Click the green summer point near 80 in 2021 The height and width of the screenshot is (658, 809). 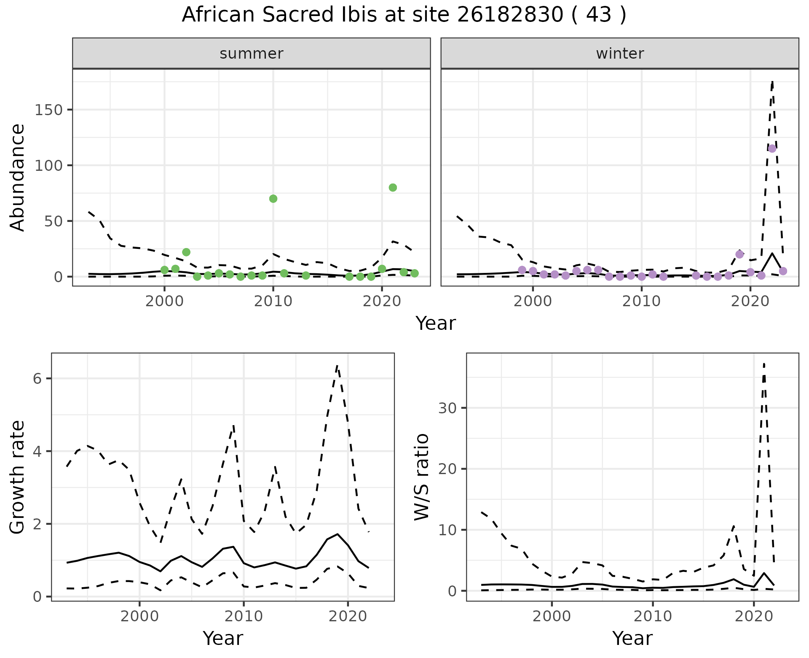(x=393, y=188)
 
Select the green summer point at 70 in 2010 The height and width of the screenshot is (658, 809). (x=273, y=199)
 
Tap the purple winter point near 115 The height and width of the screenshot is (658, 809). (x=772, y=148)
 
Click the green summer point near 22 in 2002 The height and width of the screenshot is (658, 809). (x=186, y=252)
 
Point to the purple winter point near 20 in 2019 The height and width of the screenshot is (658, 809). (x=739, y=254)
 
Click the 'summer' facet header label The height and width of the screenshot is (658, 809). (x=252, y=54)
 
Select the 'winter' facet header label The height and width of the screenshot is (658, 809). (x=620, y=54)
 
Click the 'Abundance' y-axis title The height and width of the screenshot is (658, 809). (x=18, y=177)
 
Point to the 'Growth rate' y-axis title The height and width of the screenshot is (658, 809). (x=18, y=477)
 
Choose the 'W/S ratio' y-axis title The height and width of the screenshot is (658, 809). (x=422, y=477)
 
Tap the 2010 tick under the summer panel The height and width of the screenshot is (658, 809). (x=273, y=302)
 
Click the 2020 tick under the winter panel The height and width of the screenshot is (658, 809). (x=750, y=302)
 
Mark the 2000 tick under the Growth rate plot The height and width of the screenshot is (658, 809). (x=139, y=617)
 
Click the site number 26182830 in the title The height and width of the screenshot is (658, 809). (x=510, y=15)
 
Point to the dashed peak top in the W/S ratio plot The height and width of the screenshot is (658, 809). (x=764, y=364)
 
